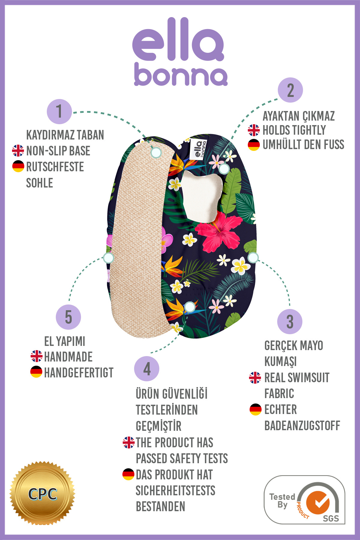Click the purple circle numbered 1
coord(59,112)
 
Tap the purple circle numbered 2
coord(290,90)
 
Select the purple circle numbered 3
coord(290,322)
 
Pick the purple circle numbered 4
coord(147,369)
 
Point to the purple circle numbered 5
coord(68,317)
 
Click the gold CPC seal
coord(42,493)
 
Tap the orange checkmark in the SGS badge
coord(318,502)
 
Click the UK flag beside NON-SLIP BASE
coord(18,151)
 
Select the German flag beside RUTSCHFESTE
coord(18,166)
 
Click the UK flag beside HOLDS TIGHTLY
coord(254,130)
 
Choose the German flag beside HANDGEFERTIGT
coord(36,372)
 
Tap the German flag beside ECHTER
coord(256,409)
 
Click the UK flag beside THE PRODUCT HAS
coord(129,442)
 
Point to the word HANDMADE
coord(68,357)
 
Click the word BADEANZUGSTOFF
coord(302,425)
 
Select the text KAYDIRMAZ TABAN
coord(65,135)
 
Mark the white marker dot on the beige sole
coord(156,153)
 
